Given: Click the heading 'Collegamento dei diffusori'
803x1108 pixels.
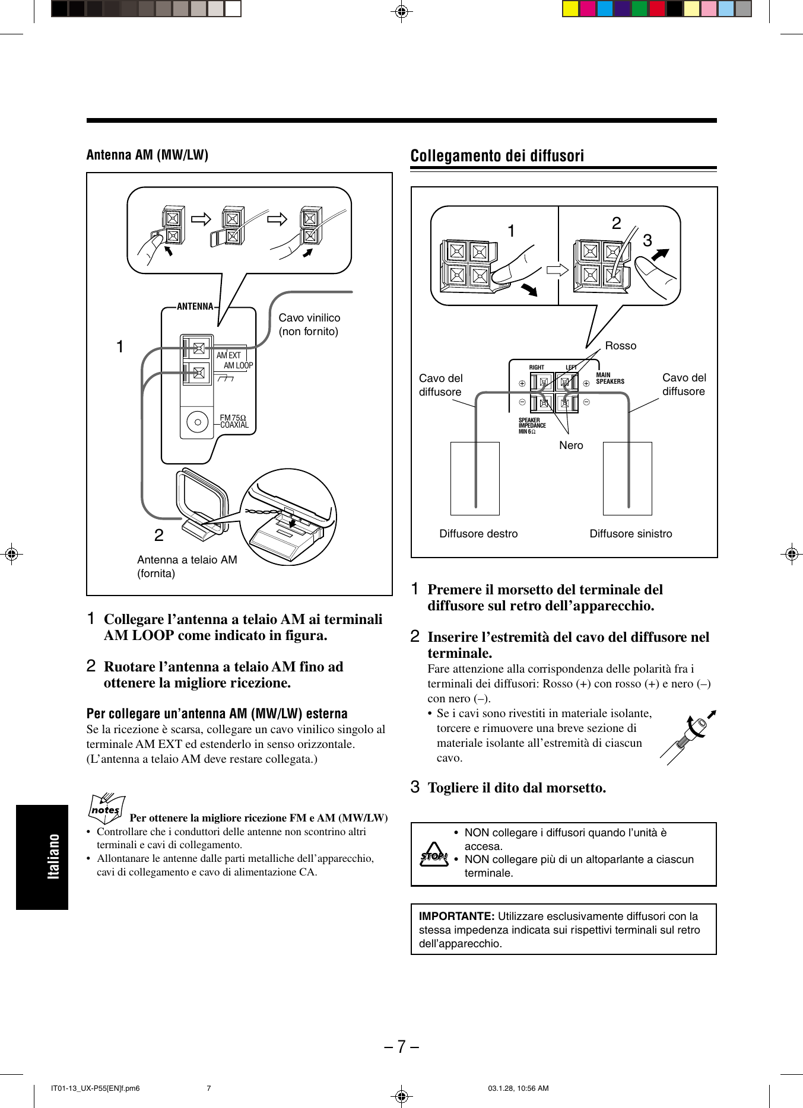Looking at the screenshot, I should [x=497, y=156].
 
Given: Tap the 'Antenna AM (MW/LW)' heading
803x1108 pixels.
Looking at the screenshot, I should [x=147, y=155].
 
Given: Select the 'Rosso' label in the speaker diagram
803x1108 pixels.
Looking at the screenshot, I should [x=620, y=346].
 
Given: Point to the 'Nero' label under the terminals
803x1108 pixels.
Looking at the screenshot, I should [x=571, y=445].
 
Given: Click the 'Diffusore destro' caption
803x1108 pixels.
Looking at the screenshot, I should [x=478, y=534].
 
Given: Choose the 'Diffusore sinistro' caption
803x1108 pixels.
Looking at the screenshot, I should [x=630, y=534].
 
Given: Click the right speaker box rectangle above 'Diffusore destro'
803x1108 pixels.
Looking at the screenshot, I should [x=475, y=478].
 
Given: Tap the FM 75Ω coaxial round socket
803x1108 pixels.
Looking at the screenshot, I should [x=197, y=422].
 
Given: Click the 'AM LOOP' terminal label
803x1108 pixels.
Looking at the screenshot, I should [x=238, y=366].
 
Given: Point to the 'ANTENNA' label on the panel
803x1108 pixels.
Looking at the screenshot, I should [x=195, y=307].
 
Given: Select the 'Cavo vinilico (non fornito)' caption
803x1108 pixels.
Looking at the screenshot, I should [x=309, y=324].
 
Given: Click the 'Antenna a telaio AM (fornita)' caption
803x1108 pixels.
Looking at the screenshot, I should [x=186, y=566].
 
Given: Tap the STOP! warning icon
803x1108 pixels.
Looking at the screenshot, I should [x=434, y=855].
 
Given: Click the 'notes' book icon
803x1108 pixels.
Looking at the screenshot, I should [x=106, y=808].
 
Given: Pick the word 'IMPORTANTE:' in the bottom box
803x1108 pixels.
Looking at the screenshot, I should [x=456, y=916].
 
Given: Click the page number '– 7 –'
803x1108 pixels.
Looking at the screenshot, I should [x=401, y=1046].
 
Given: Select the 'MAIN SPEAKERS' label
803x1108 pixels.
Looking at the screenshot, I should [x=610, y=378].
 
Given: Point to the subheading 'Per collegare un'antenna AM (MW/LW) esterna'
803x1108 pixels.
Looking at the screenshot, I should [x=217, y=714].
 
